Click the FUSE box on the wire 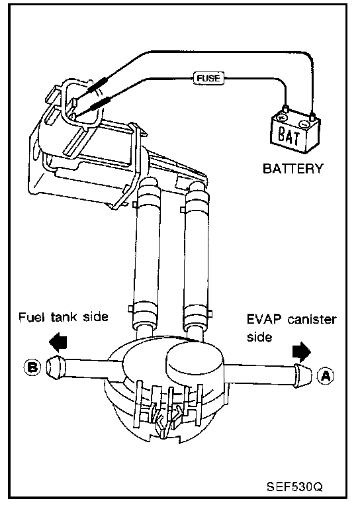208,78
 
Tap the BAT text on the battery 289,136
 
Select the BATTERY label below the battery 292,168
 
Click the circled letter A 326,376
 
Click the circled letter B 32,367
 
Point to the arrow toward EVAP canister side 302,352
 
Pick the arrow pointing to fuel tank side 58,342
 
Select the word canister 312,320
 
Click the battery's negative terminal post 312,117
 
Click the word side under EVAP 259,337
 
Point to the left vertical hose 147,255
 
